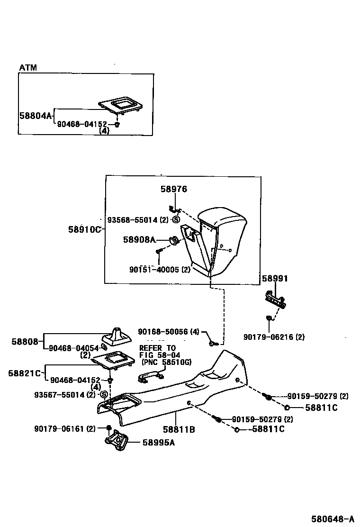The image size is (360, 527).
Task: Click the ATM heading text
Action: point(28,68)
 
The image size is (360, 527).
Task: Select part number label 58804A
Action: point(36,115)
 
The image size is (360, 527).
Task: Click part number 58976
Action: point(173,189)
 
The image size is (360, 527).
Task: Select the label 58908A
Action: point(139,240)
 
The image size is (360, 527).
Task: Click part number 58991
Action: point(275,279)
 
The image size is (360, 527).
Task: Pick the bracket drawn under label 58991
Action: point(276,300)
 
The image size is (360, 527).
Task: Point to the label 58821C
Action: point(26,373)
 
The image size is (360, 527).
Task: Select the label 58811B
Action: point(179,429)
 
